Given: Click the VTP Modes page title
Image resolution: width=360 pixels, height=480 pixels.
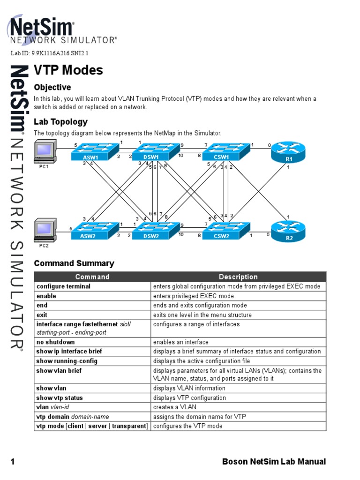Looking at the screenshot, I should pyautogui.click(x=68, y=71).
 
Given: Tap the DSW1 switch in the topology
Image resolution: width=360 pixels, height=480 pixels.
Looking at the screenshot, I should pyautogui.click(x=151, y=152).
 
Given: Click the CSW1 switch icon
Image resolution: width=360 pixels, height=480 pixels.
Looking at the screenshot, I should pyautogui.click(x=221, y=152).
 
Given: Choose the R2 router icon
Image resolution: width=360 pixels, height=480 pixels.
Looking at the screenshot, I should pyautogui.click(x=289, y=231).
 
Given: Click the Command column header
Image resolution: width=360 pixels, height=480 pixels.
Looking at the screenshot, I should pyautogui.click(x=92, y=277).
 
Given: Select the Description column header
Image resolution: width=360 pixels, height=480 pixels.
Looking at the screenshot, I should pyautogui.click(x=238, y=277).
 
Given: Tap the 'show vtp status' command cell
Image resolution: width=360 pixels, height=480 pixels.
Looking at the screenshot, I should pyautogui.click(x=60, y=398).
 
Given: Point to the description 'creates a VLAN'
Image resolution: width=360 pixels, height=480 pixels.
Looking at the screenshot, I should pyautogui.click(x=175, y=407).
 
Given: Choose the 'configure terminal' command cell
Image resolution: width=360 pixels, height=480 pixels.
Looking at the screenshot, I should pyautogui.click(x=63, y=286).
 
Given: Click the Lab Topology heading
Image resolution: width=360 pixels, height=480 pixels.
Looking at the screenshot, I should pyautogui.click(x=61, y=122).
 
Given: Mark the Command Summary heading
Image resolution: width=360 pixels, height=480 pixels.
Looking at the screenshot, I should pyautogui.click(x=74, y=263).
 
